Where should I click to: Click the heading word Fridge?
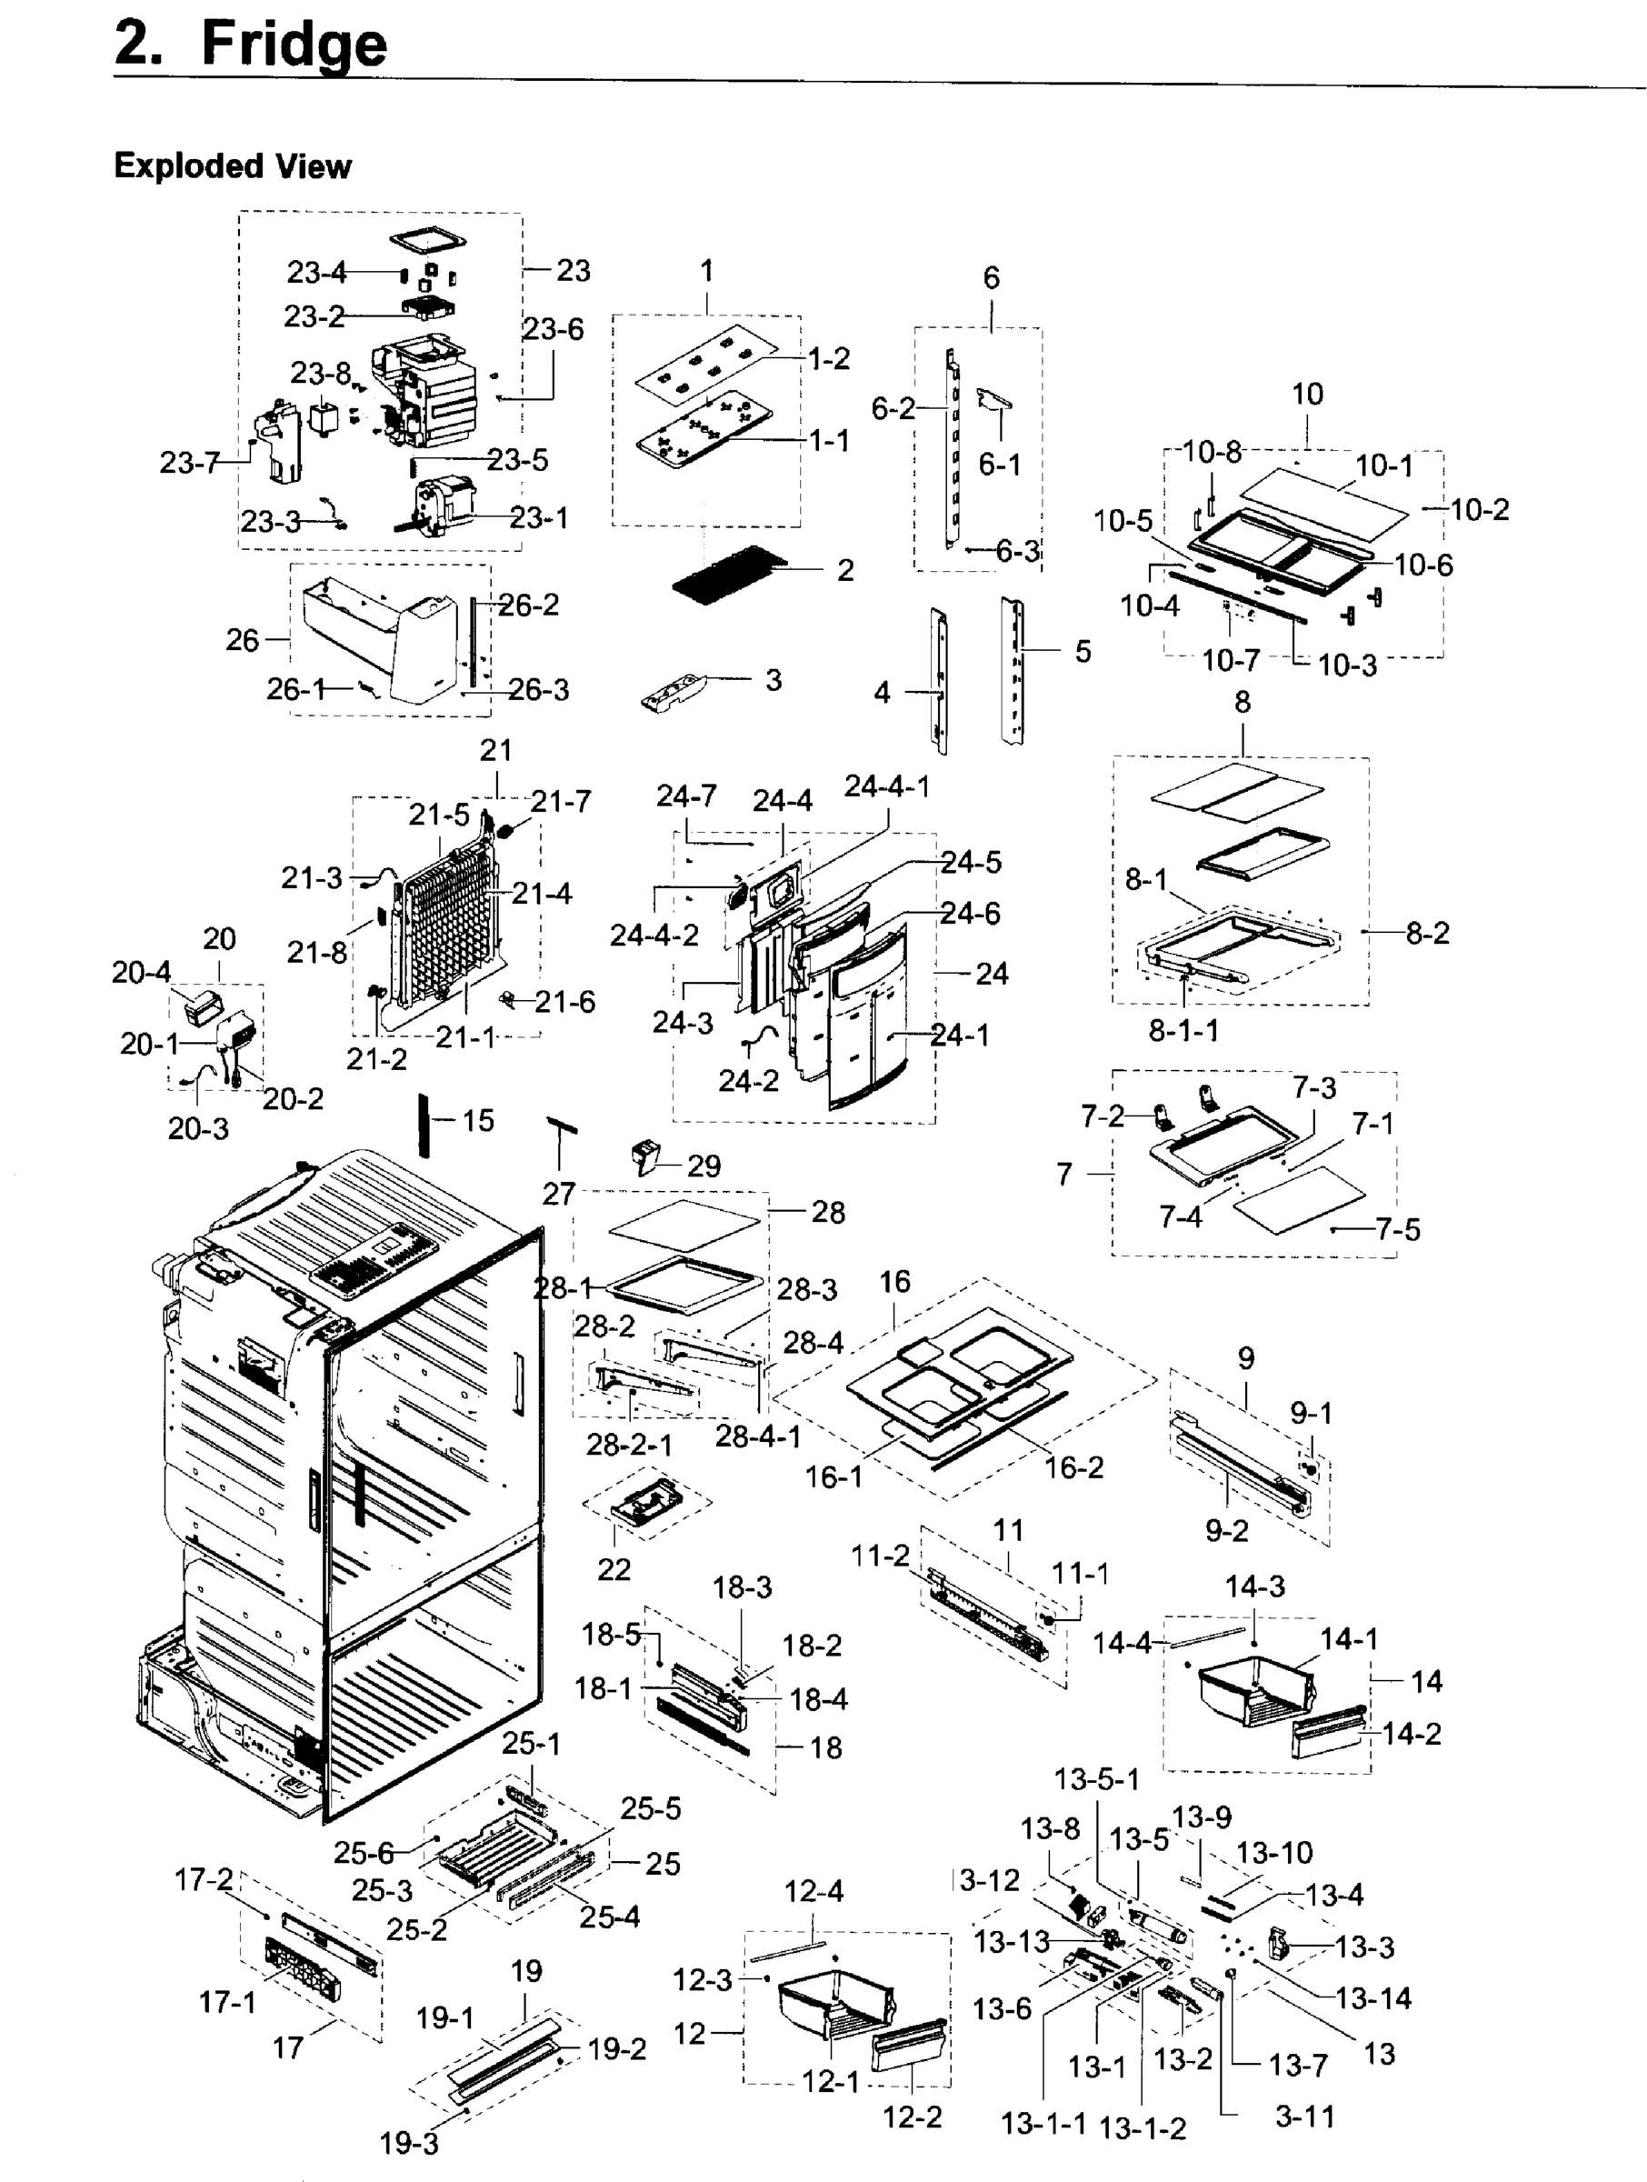293,45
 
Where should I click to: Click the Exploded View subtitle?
233,165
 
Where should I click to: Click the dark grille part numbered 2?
727,573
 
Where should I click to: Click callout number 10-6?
1423,565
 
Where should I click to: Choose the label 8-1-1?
1183,1031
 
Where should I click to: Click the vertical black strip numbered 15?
425,1124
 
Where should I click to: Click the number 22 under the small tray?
614,1568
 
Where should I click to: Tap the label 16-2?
1073,1467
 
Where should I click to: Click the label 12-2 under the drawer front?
912,2117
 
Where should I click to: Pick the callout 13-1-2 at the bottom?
1142,2127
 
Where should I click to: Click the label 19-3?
409,2143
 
